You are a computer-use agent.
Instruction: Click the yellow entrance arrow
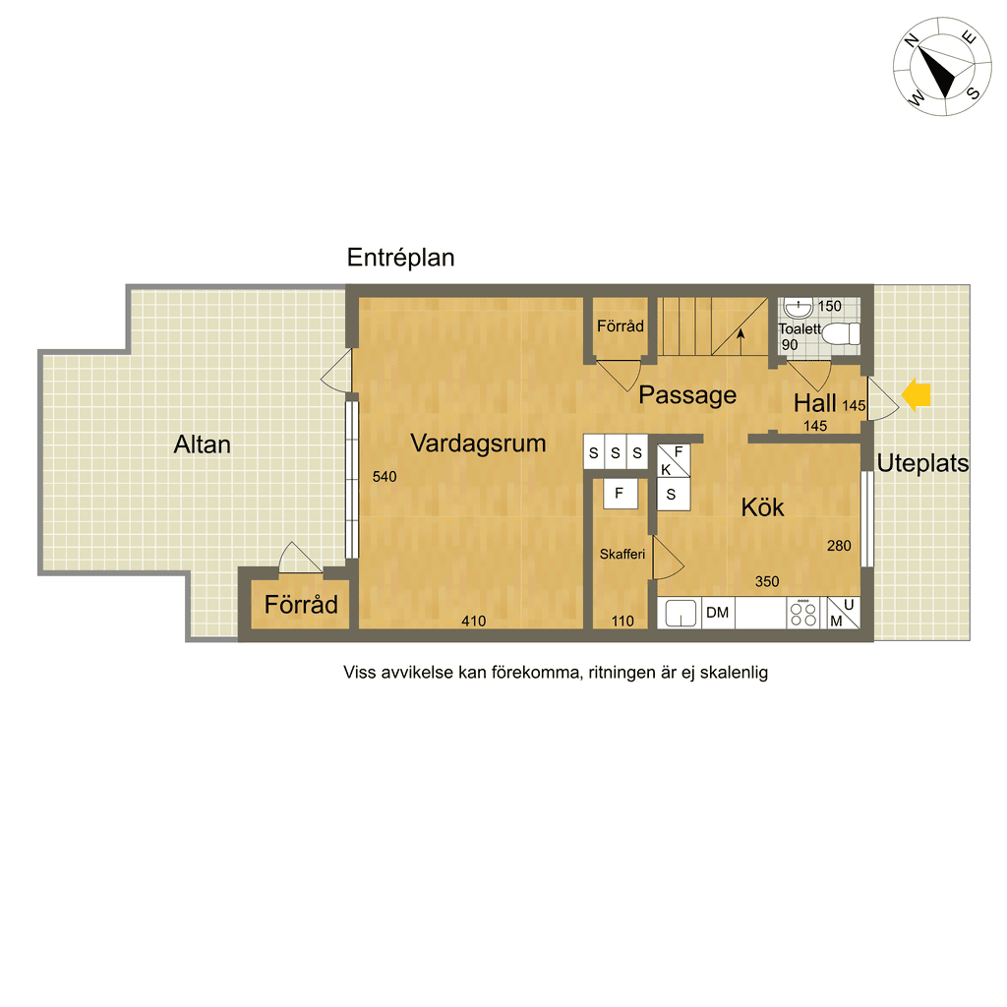point(917,394)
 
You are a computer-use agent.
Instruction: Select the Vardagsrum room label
point(479,444)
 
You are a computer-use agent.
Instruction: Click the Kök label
point(762,507)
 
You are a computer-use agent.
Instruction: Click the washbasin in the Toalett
point(799,308)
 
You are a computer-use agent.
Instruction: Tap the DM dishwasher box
point(718,613)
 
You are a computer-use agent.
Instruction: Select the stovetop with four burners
point(803,613)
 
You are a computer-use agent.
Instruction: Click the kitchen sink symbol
point(681,613)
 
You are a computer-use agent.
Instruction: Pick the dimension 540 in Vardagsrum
point(385,477)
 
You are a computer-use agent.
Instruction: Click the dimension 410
point(474,622)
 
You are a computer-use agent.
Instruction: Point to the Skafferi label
point(622,555)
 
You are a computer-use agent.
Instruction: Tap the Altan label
point(203,444)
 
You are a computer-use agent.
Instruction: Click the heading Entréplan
point(401,258)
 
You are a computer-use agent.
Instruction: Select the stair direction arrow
point(740,341)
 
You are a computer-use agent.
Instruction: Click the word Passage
point(687,395)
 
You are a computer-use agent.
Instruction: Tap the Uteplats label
point(922,463)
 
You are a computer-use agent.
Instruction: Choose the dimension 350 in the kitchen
point(767,582)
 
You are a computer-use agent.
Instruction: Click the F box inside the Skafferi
point(620,494)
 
